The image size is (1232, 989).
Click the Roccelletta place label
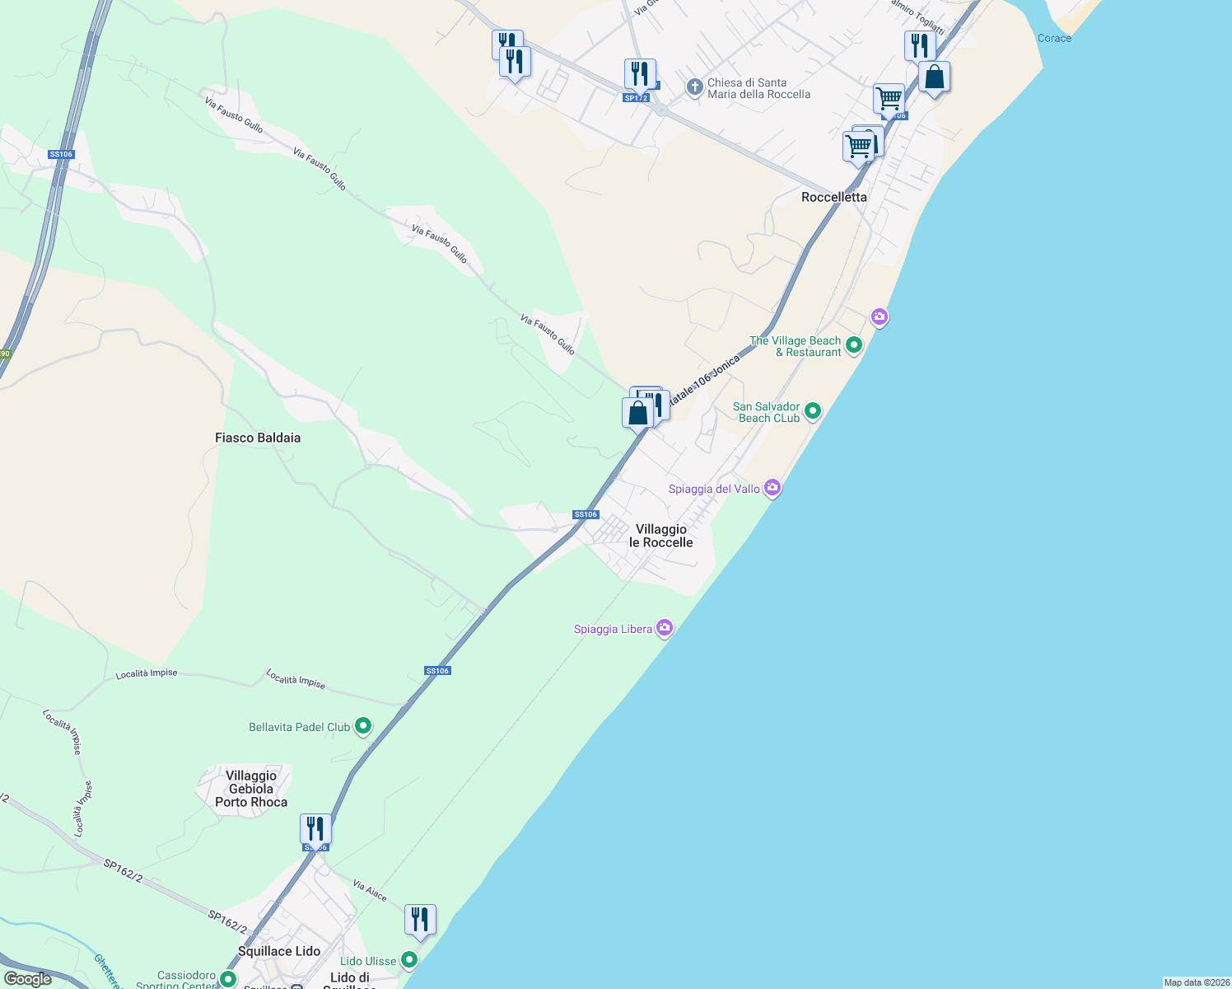[833, 197]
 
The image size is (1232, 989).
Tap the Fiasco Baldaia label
[258, 438]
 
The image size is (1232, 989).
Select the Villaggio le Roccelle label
[660, 536]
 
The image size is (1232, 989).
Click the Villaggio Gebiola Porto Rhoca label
[251, 789]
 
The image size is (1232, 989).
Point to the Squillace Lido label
[279, 951]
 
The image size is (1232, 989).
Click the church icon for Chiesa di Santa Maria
[695, 87]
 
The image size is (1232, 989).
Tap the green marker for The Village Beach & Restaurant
[854, 345]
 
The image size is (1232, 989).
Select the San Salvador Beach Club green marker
[813, 410]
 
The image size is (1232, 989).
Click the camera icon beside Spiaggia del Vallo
[772, 488]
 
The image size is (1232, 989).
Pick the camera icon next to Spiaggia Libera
[665, 628]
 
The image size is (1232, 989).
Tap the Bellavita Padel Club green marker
[363, 726]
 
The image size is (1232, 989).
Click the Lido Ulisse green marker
[409, 960]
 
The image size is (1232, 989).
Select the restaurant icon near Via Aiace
[420, 920]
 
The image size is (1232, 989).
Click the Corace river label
[1054, 38]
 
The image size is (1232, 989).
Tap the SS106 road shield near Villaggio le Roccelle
[586, 514]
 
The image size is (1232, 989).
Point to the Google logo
[28, 979]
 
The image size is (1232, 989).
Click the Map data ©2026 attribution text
[1197, 982]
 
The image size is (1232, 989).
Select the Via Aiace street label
[370, 890]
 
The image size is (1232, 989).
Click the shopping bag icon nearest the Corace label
[934, 77]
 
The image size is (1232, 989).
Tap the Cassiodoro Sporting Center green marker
[227, 979]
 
